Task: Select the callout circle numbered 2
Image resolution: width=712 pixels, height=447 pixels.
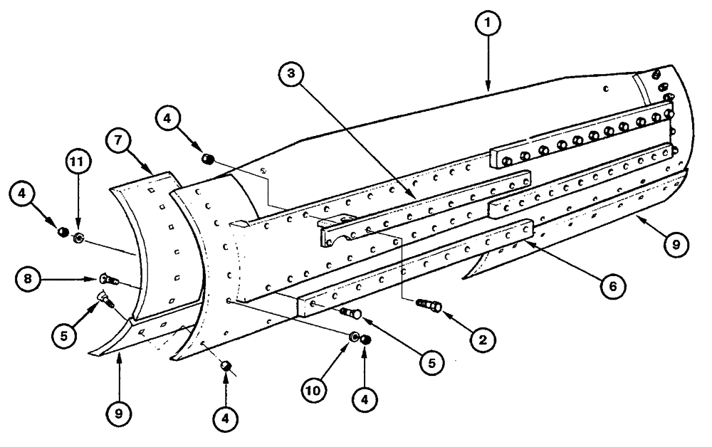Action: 483,340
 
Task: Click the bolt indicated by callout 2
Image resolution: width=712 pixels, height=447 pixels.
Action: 429,307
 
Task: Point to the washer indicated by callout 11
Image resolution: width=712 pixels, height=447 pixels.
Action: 78,237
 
